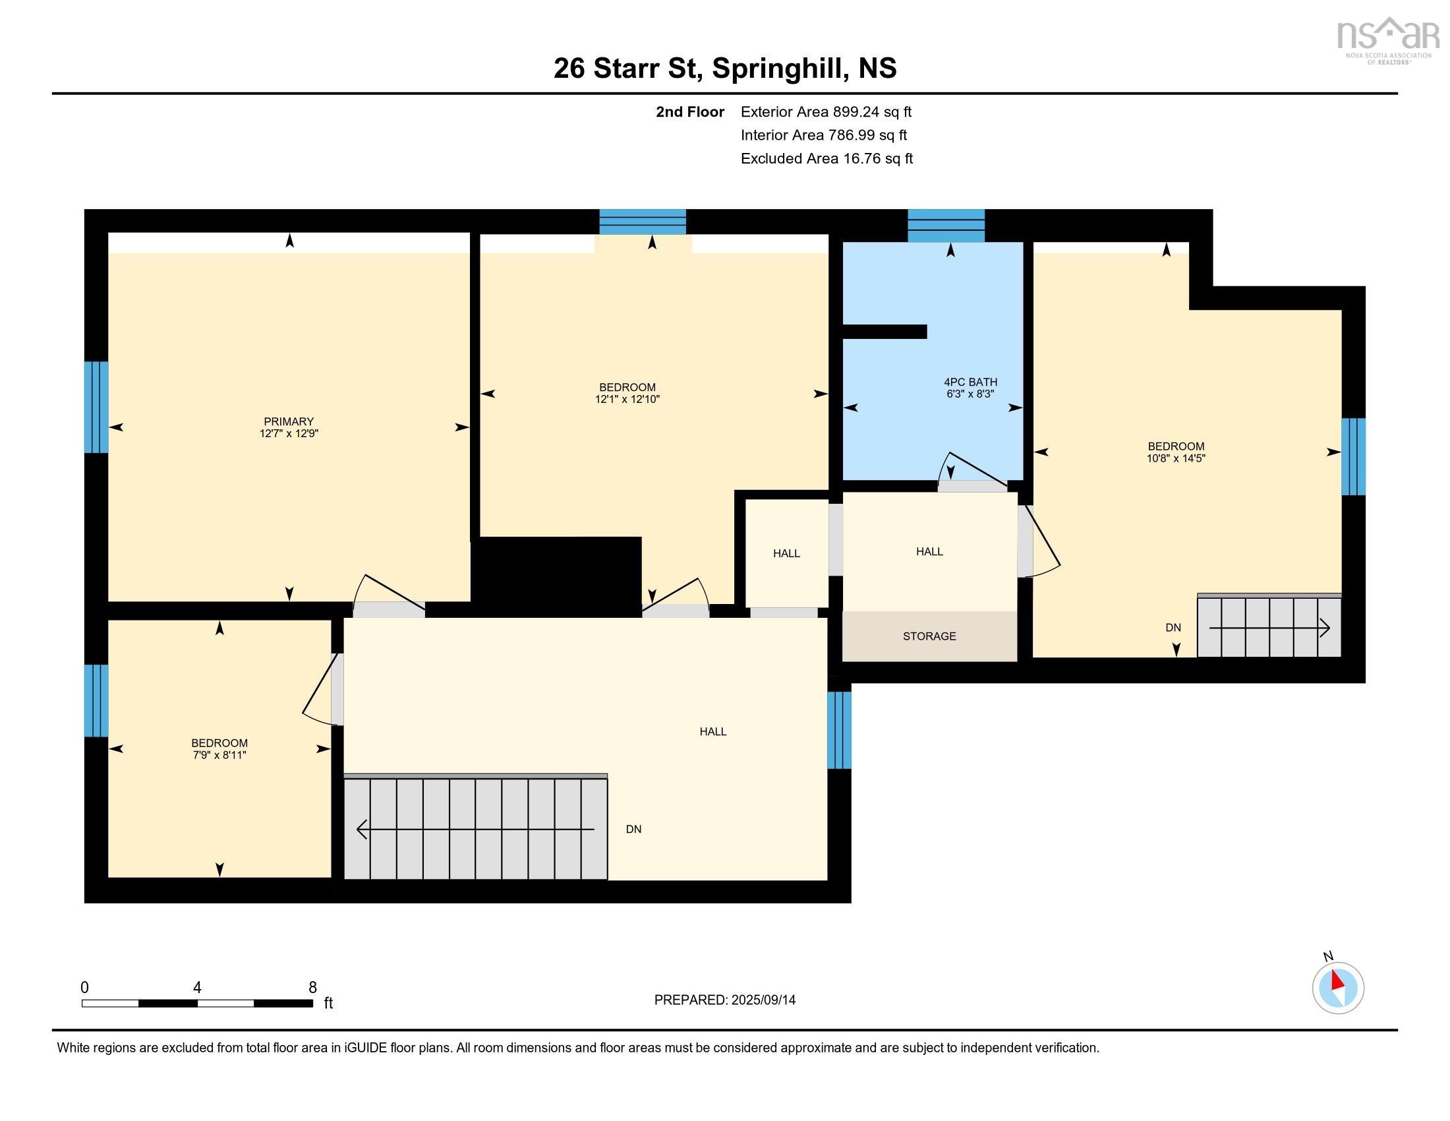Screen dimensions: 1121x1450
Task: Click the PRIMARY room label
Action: coord(288,421)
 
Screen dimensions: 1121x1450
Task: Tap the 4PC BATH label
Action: coord(970,382)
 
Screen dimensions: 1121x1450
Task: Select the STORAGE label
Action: coord(929,636)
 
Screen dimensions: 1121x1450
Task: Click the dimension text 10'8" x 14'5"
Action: coord(1175,458)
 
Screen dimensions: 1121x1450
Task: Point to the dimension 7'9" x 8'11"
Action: coord(219,755)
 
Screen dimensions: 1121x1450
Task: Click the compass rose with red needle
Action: coord(1337,988)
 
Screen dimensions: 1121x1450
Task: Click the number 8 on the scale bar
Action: coord(312,987)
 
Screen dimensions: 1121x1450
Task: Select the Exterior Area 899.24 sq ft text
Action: coord(825,111)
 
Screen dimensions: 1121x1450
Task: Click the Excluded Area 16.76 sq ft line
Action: coord(826,158)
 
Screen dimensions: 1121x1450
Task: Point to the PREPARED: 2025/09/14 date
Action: coord(724,1000)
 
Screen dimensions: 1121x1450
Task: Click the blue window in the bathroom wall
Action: coord(945,226)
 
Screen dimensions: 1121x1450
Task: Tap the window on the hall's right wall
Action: coord(838,730)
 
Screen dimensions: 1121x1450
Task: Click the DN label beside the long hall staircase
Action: coord(633,829)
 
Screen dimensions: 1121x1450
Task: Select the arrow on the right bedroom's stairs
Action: coord(1269,628)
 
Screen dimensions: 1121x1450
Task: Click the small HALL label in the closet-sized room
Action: coord(786,553)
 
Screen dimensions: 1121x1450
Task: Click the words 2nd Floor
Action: coord(689,111)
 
